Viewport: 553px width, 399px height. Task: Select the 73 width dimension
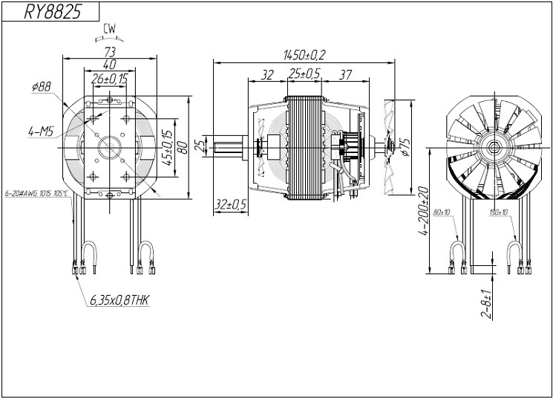coord(109,51)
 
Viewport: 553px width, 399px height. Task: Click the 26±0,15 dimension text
coord(109,78)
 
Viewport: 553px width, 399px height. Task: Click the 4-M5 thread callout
coord(39,132)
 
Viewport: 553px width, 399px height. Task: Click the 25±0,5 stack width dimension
coord(304,74)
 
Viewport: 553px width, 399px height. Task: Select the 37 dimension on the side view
coord(344,74)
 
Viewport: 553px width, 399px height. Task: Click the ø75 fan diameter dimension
coord(405,148)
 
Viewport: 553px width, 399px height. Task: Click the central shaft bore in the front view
coord(110,145)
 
